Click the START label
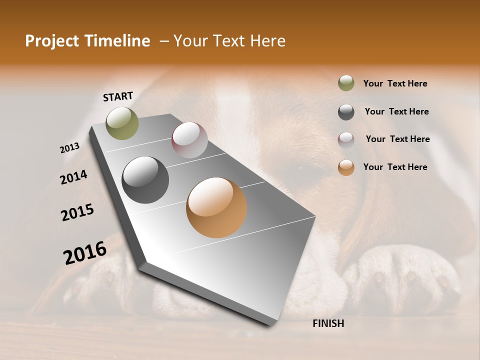click(118, 96)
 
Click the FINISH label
click(328, 323)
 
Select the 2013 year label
click(70, 148)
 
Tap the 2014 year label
click(73, 177)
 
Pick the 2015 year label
click(77, 212)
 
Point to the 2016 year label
click(85, 253)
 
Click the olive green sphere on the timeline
click(122, 123)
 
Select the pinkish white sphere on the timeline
click(189, 139)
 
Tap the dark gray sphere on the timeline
click(145, 180)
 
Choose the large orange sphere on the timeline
click(216, 207)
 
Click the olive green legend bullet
click(346, 83)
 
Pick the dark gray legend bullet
click(346, 112)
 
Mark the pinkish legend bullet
click(346, 140)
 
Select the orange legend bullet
click(346, 168)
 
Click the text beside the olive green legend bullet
click(395, 83)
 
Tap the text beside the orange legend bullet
click(395, 167)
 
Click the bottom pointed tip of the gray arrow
click(270, 324)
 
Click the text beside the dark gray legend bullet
click(396, 111)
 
